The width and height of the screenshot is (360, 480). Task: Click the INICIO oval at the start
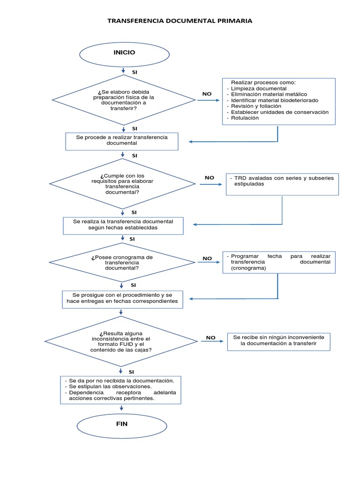coord(124,54)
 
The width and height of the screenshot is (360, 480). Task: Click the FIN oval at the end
coord(122,426)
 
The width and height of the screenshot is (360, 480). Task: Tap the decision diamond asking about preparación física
coord(124,100)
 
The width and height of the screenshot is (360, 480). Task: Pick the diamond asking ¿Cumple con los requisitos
coord(122,184)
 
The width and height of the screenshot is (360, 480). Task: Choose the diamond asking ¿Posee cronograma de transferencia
coord(122,262)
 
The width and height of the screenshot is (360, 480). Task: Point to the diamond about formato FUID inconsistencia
coord(121,341)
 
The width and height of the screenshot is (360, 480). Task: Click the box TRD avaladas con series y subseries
coord(282,184)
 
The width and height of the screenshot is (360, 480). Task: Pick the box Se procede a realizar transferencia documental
coord(122,142)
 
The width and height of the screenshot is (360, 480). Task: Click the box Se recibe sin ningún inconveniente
coord(279,342)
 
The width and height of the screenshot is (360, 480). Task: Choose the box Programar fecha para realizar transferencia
coord(279,262)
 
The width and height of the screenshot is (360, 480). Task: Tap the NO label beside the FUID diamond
coord(210,337)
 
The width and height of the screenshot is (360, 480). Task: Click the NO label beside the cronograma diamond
coord(207,258)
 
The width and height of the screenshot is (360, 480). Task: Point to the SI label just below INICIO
coord(135,72)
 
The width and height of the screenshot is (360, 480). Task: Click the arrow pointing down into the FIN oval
coord(121,408)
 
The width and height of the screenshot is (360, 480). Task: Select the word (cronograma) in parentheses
coord(248,268)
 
